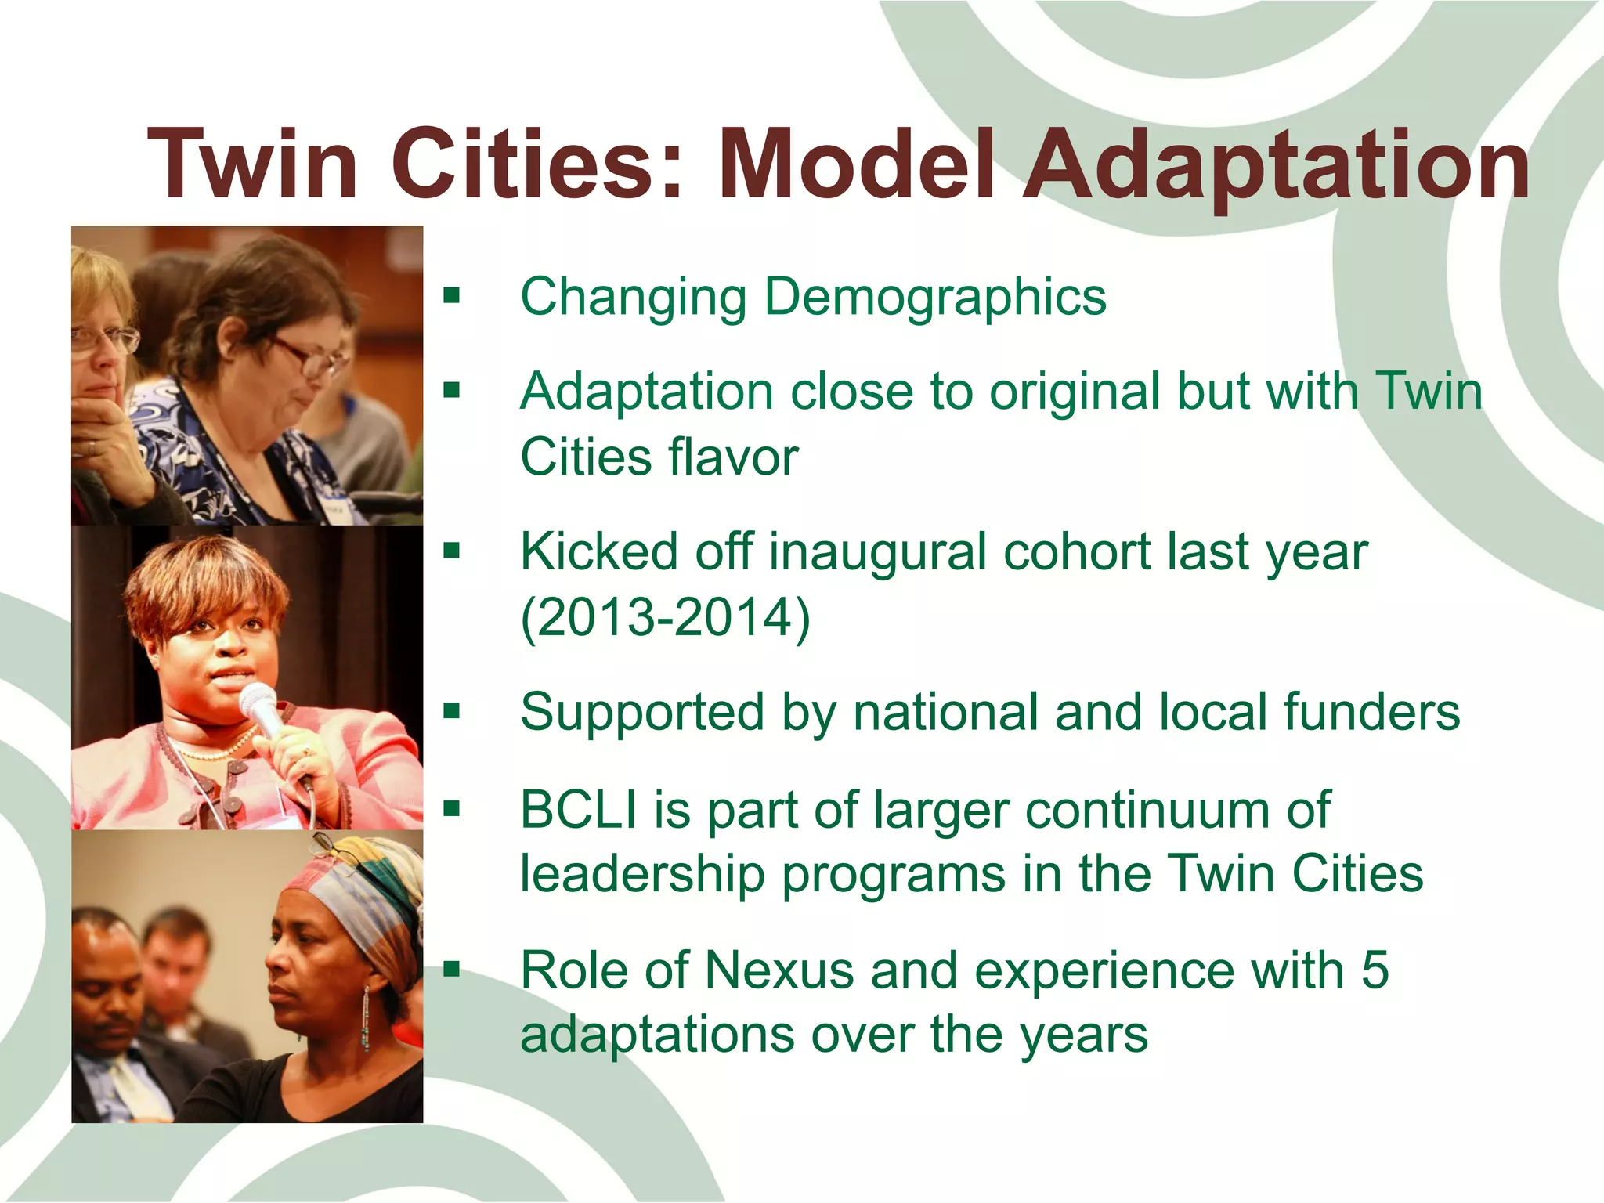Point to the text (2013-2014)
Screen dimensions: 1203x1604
pos(666,619)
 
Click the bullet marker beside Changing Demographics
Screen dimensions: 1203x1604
pos(451,296)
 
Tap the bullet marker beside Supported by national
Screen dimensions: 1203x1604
pos(451,711)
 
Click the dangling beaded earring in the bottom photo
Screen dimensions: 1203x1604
pos(365,1018)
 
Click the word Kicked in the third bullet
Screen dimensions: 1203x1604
pos(599,552)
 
